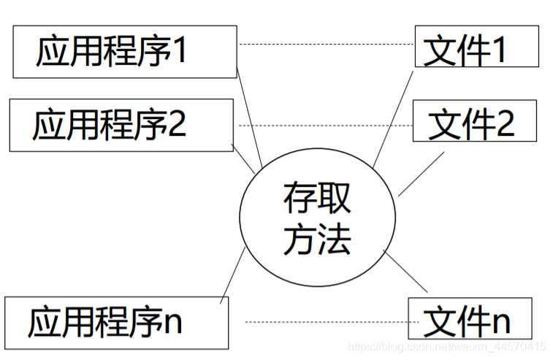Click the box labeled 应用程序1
pos(124,51)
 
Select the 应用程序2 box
pos(121,126)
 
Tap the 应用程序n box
pos(115,322)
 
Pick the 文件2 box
pos(474,121)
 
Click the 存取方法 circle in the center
pos(317,217)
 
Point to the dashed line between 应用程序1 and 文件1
pos(326,45)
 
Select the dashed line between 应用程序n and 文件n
pos(326,322)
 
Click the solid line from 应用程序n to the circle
pos(232,274)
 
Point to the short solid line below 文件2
pos(421,174)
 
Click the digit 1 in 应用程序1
pos(179,52)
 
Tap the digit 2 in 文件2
pos(506,123)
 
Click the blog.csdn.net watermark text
pos(446,346)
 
